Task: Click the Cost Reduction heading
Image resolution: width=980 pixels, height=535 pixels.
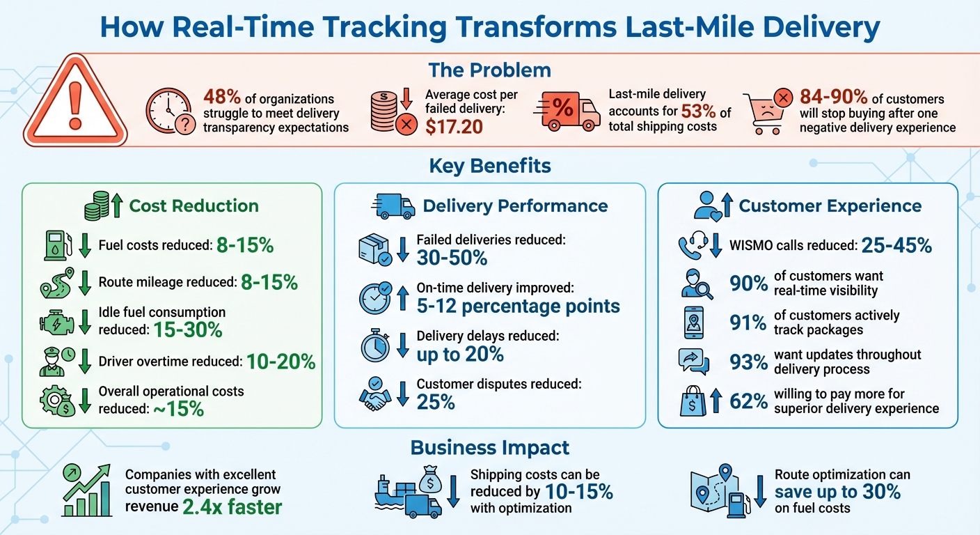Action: [x=193, y=206]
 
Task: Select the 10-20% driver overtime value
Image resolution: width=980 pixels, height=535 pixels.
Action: [x=282, y=362]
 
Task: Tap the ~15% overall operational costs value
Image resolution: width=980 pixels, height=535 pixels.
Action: [x=179, y=408]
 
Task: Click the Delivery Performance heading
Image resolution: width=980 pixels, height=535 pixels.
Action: [x=515, y=206]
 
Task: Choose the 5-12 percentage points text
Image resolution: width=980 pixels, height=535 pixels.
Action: [x=518, y=306]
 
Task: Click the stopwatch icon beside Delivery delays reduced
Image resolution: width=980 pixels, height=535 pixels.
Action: [x=375, y=346]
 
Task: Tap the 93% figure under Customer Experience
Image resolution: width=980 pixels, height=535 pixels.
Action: [x=748, y=362]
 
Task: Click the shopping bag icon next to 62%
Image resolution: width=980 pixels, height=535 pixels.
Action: [x=694, y=401]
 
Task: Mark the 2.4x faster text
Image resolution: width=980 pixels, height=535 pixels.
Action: [x=232, y=506]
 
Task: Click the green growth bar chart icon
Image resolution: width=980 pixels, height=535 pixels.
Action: [x=87, y=491]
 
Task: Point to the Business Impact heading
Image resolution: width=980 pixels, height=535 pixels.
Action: [x=490, y=447]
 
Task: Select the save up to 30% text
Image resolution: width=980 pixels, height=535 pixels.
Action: [x=837, y=492]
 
